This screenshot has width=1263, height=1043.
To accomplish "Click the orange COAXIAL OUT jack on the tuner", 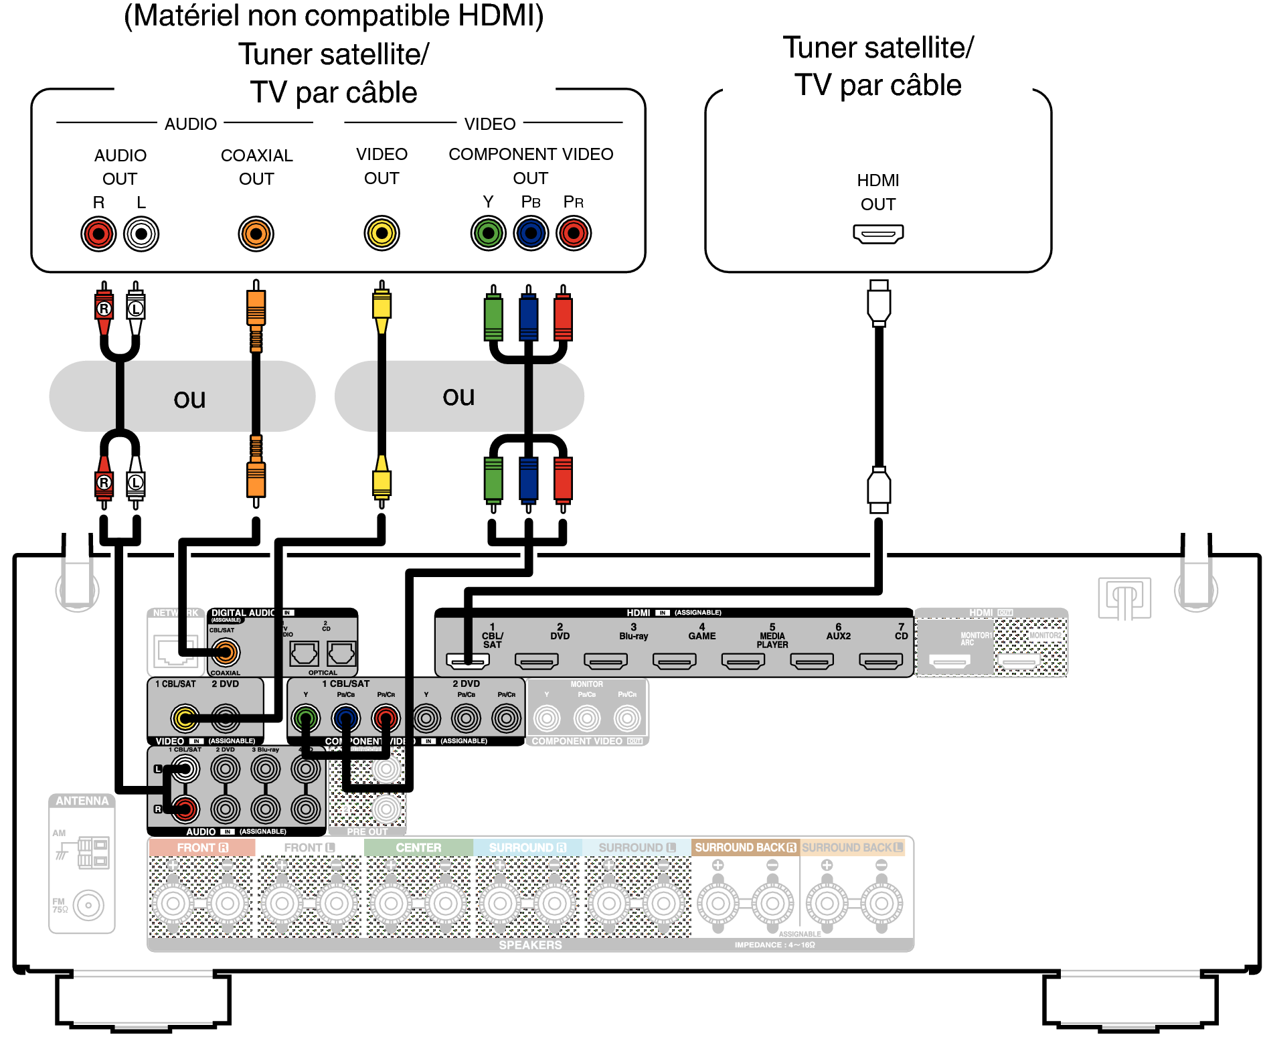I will [x=256, y=234].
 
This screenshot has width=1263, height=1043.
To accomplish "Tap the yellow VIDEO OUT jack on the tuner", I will [x=382, y=234].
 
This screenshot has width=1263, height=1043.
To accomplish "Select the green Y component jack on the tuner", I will [x=488, y=234].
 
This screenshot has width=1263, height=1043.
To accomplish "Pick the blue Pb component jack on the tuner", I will [x=531, y=234].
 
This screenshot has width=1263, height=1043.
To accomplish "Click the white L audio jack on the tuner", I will [x=141, y=234].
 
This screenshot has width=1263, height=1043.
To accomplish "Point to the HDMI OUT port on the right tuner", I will [x=878, y=234].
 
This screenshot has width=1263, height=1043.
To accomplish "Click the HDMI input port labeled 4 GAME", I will [x=674, y=661].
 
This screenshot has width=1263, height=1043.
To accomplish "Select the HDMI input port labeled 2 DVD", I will [x=536, y=661].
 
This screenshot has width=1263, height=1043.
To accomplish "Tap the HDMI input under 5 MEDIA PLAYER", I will [x=743, y=661].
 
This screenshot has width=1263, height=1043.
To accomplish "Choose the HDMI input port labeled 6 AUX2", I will [x=812, y=661].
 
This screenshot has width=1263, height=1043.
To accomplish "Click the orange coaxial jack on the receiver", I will [x=226, y=652].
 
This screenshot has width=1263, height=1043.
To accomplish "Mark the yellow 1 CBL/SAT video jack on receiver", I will [x=185, y=718].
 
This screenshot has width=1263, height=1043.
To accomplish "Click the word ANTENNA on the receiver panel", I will [x=82, y=801].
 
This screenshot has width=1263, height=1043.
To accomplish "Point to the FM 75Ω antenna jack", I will [x=89, y=906].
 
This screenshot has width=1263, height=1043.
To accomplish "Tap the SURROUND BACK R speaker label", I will [x=745, y=848].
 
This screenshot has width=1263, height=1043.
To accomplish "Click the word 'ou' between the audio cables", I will [x=189, y=398].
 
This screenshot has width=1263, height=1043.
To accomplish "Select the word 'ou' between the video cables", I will [x=458, y=396].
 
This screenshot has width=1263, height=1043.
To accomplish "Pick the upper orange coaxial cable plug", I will [x=256, y=308].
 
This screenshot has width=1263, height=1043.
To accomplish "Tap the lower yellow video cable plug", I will [x=382, y=481].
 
